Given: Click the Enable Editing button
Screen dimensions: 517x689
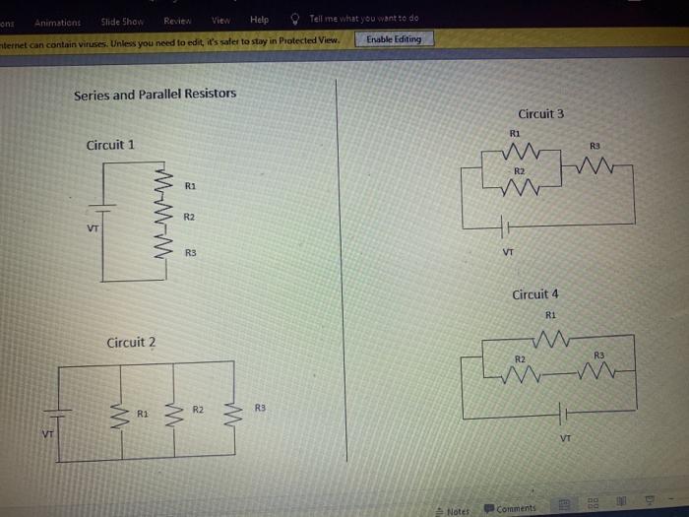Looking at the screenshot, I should click(394, 39).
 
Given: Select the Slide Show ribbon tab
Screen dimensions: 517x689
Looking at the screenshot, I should click(122, 21).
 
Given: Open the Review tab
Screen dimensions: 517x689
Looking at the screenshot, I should click(178, 20).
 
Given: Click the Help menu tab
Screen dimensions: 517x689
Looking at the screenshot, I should click(259, 20).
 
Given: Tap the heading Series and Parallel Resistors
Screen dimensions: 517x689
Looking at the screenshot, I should click(155, 95).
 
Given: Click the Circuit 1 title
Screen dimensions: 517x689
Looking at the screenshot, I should click(110, 145).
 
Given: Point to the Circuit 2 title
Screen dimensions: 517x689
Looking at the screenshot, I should click(131, 343).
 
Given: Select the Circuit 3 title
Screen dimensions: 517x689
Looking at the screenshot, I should click(540, 114).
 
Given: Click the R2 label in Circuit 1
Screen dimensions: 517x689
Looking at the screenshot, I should click(190, 216).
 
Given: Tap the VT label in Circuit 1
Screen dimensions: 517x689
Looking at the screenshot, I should click(93, 228).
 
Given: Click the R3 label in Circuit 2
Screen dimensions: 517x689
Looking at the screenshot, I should click(260, 408).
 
